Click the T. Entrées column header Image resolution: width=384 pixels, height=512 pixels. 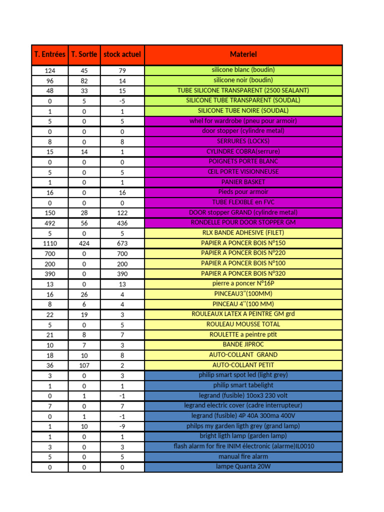(49, 54)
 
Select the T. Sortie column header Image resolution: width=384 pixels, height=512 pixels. (84, 54)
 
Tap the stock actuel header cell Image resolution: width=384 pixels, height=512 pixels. (122, 54)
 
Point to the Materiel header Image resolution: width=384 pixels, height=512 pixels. (243, 54)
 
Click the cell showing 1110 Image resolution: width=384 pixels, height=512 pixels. (49, 243)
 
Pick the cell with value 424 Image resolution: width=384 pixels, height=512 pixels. (84, 243)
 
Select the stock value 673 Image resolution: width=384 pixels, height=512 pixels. (122, 243)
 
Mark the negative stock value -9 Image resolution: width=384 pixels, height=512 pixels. (122, 426)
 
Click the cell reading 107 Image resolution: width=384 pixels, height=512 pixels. (84, 365)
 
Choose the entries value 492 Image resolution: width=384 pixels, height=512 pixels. (49, 223)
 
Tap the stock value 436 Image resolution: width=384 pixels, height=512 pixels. (122, 223)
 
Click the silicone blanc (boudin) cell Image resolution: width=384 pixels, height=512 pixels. (243, 70)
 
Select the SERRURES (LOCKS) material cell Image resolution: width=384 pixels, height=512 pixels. (243, 141)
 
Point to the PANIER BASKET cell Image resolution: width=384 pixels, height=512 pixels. (243, 182)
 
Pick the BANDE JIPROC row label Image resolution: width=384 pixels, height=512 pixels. (243, 344)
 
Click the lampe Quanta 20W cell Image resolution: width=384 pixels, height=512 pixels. (243, 467)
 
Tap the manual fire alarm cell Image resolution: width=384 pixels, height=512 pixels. (243, 456)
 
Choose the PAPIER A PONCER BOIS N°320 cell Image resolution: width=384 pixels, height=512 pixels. (243, 273)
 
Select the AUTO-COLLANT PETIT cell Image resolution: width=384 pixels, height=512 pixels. (243, 365)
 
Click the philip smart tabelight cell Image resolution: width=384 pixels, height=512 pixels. (243, 385)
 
